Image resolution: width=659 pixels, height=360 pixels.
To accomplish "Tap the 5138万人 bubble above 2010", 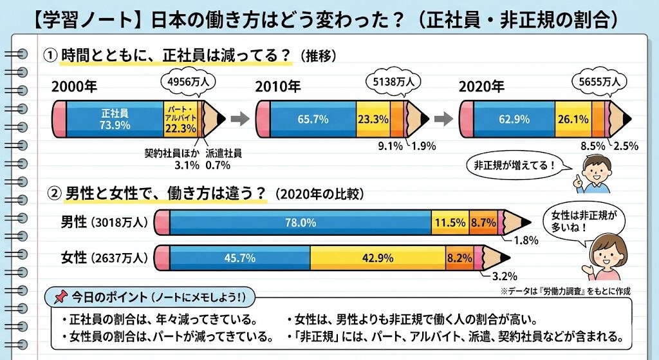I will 393,82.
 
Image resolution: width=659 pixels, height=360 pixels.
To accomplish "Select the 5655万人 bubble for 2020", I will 598,82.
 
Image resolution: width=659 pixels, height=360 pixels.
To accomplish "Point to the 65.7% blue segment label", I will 313,119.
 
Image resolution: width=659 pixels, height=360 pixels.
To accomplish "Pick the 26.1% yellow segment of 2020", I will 573,119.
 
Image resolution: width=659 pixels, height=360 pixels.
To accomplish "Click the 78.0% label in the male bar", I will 301,222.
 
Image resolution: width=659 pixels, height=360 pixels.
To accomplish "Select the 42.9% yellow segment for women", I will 378,258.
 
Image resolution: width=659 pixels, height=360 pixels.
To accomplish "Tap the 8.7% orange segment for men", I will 483,222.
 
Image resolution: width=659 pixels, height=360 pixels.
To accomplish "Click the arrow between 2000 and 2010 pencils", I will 239,118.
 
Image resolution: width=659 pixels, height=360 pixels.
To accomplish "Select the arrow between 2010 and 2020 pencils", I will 443,118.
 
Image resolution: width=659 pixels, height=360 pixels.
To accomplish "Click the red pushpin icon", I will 60,298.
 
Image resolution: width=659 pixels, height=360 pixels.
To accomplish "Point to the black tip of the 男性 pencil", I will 526,223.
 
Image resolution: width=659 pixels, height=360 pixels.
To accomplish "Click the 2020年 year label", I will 481,86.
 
